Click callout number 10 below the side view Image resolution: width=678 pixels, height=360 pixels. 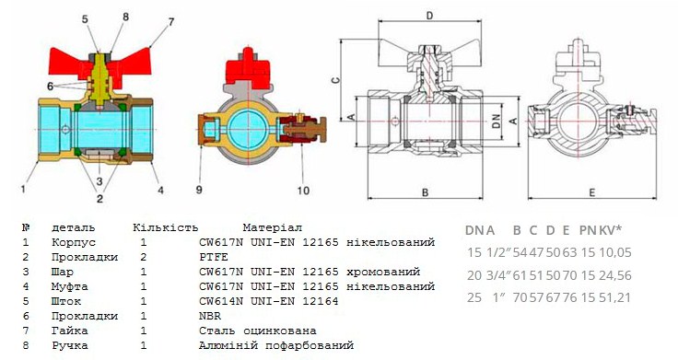coord(303,191)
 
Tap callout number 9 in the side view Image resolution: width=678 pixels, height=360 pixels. coord(199,190)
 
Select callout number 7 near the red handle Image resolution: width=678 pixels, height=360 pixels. coord(171,21)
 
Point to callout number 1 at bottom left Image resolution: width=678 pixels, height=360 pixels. coord(23,189)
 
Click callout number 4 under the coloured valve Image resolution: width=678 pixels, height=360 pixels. coord(160,190)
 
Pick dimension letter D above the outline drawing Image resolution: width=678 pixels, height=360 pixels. coord(429,16)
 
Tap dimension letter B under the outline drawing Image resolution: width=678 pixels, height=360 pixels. coord(425,192)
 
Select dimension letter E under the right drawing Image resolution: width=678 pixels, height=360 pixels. coord(592,192)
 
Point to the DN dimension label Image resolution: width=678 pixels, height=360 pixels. coord(497,121)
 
